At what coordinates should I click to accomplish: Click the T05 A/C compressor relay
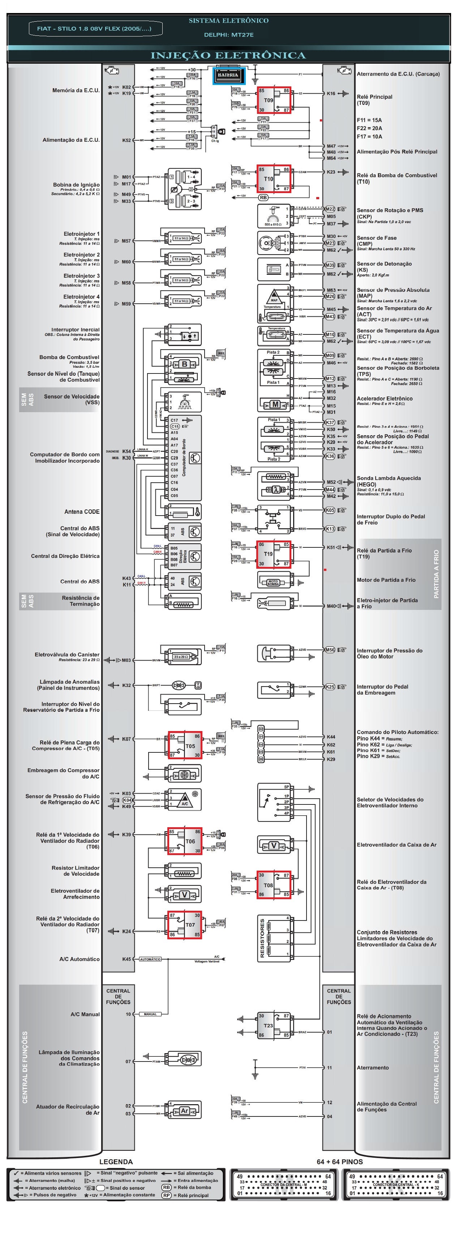[185, 745]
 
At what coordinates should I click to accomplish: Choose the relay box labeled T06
[185, 841]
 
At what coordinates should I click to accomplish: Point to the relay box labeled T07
[185, 924]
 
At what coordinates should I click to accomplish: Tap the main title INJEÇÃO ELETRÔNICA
[228, 55]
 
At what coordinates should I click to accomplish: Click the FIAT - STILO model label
[95, 29]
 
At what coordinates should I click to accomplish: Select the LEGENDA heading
[116, 1161]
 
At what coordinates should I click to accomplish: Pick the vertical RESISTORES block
[274, 937]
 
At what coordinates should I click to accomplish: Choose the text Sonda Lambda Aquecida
[388, 478]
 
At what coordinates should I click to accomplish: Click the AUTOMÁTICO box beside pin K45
[150, 959]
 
